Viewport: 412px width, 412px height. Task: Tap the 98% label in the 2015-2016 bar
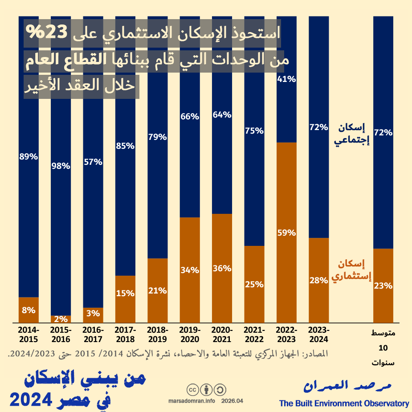coord(61,166)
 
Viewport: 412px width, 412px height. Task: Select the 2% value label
coord(61,318)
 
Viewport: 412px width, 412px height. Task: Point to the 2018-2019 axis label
coord(158,334)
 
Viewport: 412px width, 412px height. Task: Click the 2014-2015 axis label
coord(29,334)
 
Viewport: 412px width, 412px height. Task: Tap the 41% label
coord(286,79)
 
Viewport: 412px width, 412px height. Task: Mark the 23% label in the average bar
coord(383,286)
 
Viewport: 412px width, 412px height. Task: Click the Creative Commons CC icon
coord(193,390)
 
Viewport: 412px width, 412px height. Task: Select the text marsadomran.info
coord(192,401)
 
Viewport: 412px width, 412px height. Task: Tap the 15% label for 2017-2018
coord(125,293)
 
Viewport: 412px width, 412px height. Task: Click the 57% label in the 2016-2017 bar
coord(93,162)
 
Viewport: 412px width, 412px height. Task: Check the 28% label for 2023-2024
coord(318,280)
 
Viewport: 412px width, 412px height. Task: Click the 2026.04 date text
coord(232,401)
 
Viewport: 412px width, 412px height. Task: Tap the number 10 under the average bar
coord(383,348)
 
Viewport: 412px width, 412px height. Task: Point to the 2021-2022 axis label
coord(254,334)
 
